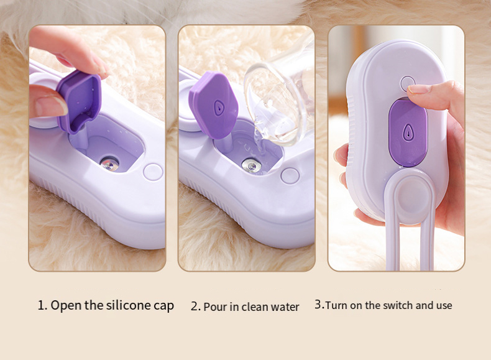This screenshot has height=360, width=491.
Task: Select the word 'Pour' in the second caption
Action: [214, 307]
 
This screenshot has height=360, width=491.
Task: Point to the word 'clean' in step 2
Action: [255, 307]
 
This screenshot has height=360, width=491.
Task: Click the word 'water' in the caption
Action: [285, 307]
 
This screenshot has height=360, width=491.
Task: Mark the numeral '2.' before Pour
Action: [195, 307]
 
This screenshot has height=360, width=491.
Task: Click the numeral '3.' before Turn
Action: [319, 305]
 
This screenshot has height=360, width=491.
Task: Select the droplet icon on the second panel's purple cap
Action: [216, 107]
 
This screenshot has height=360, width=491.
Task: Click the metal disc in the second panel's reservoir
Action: [250, 165]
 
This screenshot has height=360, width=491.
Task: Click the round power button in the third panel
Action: [407, 83]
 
